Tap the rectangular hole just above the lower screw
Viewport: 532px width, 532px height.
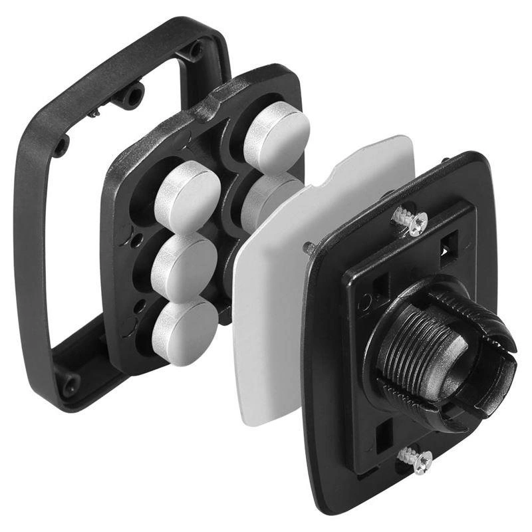coord(384,434)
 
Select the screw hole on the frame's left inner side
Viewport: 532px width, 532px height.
coord(61,145)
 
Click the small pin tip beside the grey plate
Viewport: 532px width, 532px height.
coord(309,247)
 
